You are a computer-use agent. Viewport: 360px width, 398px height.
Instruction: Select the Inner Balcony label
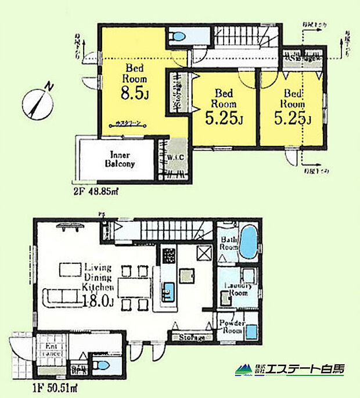(x=121, y=159)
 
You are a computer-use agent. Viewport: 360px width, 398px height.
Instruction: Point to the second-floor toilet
(x=178, y=37)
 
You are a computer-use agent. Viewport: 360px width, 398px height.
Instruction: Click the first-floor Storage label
(x=190, y=338)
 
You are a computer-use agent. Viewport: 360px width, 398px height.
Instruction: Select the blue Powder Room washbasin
(x=252, y=332)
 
